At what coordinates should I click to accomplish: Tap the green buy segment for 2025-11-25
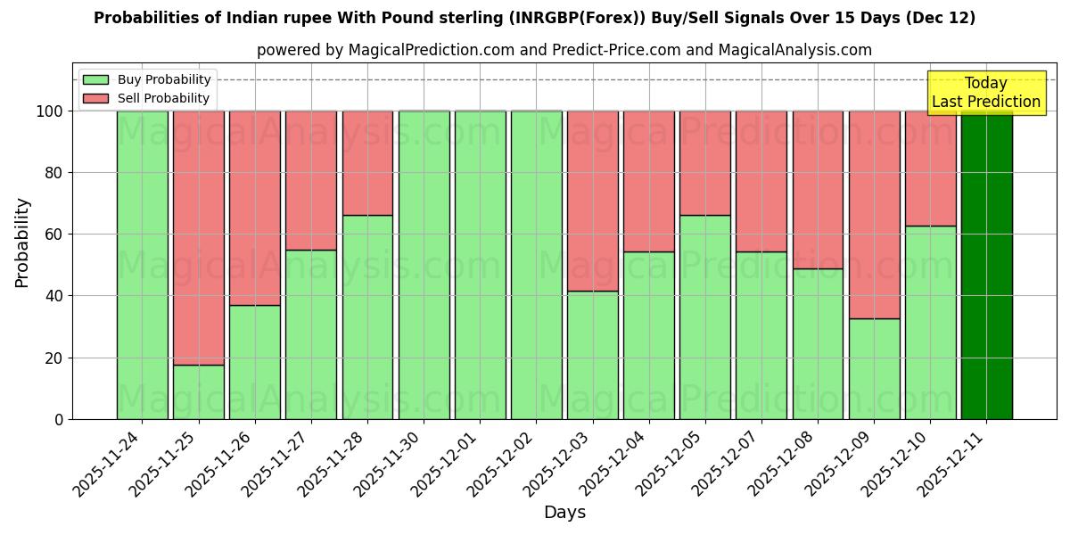click(199, 392)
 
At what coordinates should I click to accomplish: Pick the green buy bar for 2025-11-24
click(143, 265)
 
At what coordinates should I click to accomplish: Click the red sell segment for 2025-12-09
click(874, 214)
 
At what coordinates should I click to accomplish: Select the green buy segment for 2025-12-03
click(593, 355)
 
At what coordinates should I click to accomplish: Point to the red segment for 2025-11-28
click(367, 162)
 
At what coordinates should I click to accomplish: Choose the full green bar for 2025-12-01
click(480, 265)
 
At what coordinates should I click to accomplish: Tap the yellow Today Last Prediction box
click(985, 93)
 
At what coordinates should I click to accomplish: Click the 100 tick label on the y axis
click(49, 111)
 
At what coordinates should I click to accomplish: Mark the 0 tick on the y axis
click(59, 419)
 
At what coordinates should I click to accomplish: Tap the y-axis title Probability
click(22, 242)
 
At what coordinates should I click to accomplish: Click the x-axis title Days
click(564, 513)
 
